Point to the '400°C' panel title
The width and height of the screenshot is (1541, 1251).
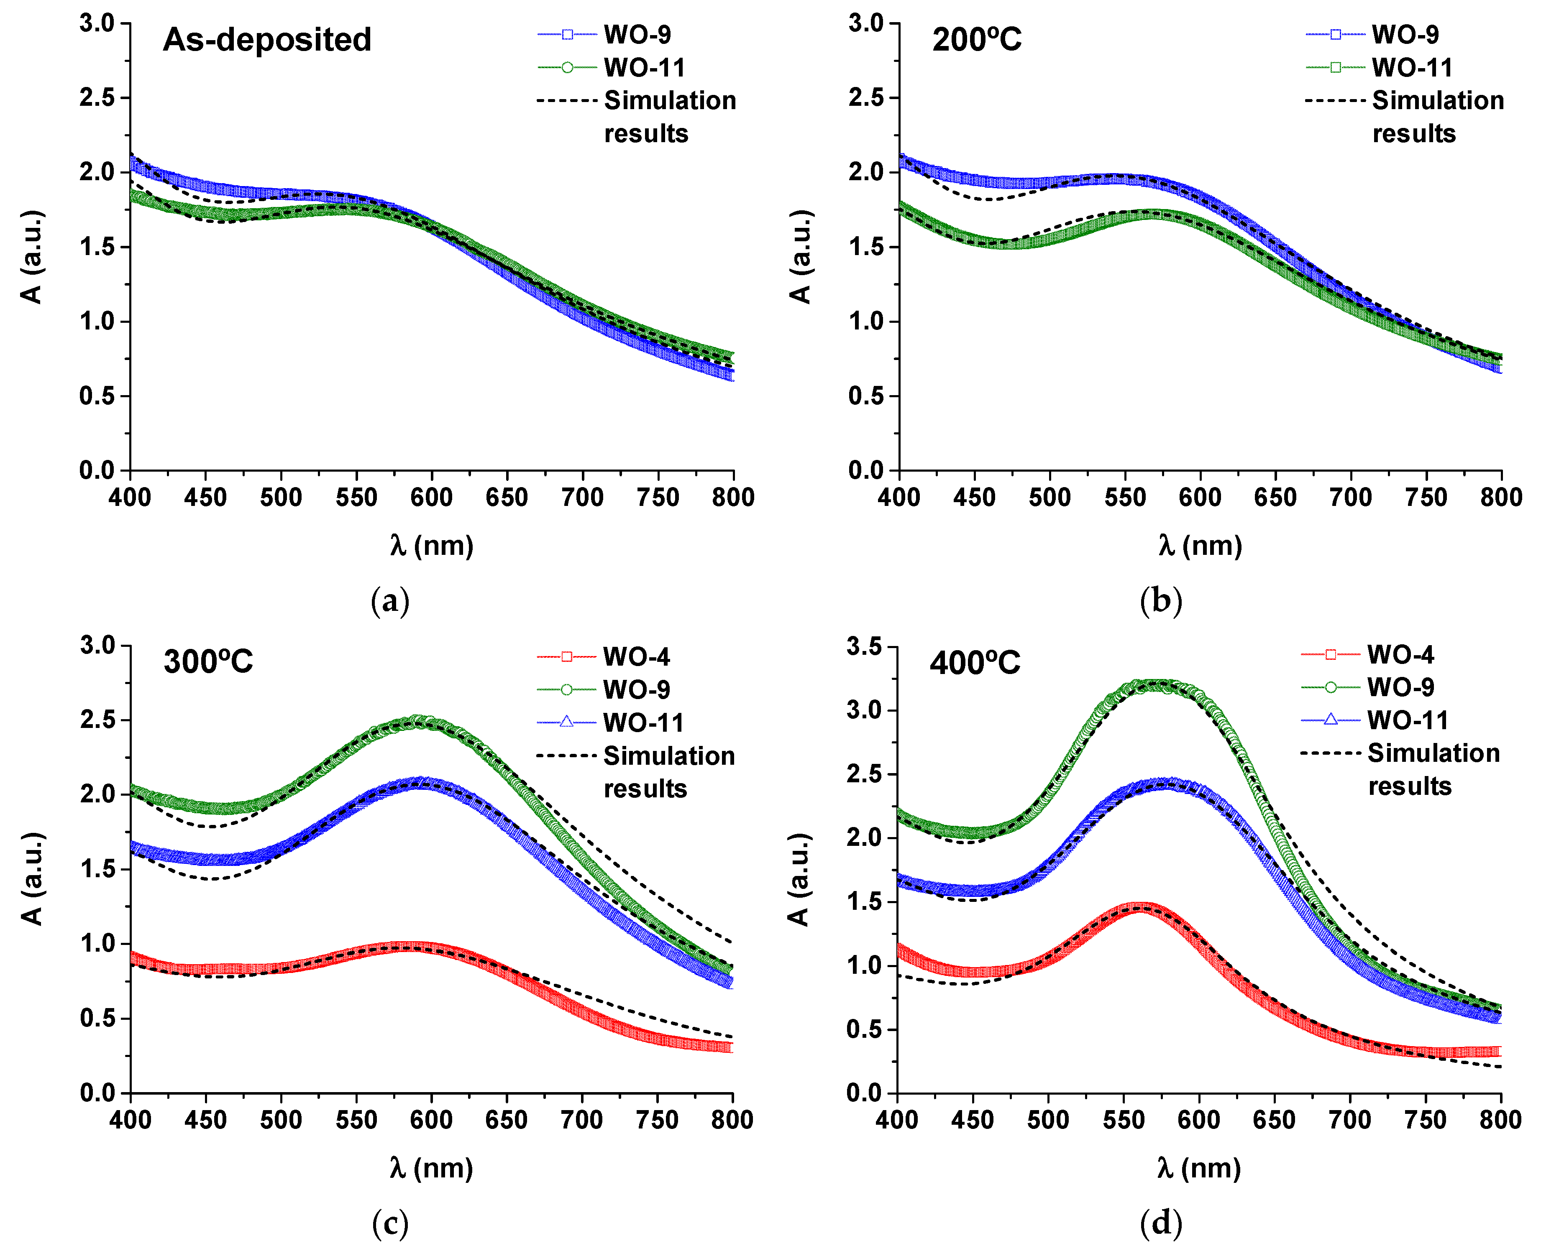(x=975, y=662)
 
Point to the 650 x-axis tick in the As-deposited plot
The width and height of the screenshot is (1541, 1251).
(x=507, y=497)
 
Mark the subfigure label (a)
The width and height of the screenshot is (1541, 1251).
(x=390, y=600)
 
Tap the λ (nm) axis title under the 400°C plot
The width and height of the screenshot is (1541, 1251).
(x=1199, y=1167)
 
